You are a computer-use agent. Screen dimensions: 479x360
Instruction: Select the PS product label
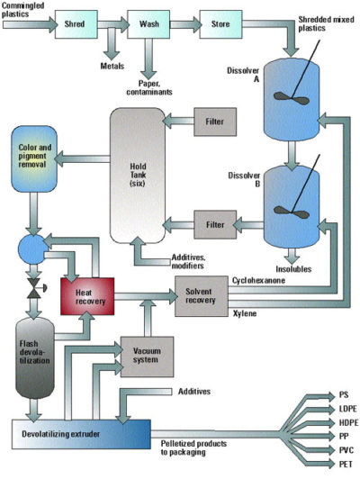343,395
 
